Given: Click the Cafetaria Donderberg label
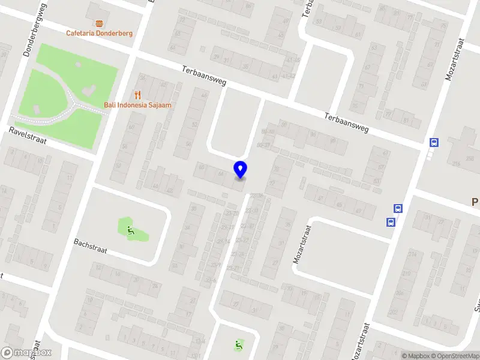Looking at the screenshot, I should pyautogui.click(x=99, y=33).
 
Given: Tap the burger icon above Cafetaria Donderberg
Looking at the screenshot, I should pyautogui.click(x=99, y=23).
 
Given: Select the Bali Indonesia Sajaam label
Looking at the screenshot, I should pyautogui.click(x=137, y=105).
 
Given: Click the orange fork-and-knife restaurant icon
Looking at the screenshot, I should pyautogui.click(x=137, y=95).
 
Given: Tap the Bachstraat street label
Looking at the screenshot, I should pyautogui.click(x=90, y=246).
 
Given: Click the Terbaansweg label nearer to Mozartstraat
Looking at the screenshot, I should pyautogui.click(x=346, y=122).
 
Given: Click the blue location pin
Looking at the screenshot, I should pyautogui.click(x=240, y=169).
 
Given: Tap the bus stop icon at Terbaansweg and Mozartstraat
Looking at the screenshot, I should pyautogui.click(x=433, y=143).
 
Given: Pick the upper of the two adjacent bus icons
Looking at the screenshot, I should pyautogui.click(x=398, y=209).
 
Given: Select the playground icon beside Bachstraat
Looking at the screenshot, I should pyautogui.click(x=131, y=229).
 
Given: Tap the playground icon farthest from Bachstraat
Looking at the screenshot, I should pyautogui.click(x=239, y=345).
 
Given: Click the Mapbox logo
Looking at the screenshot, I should pyautogui.click(x=26, y=353).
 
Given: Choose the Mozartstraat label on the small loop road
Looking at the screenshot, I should pyautogui.click(x=304, y=245).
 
